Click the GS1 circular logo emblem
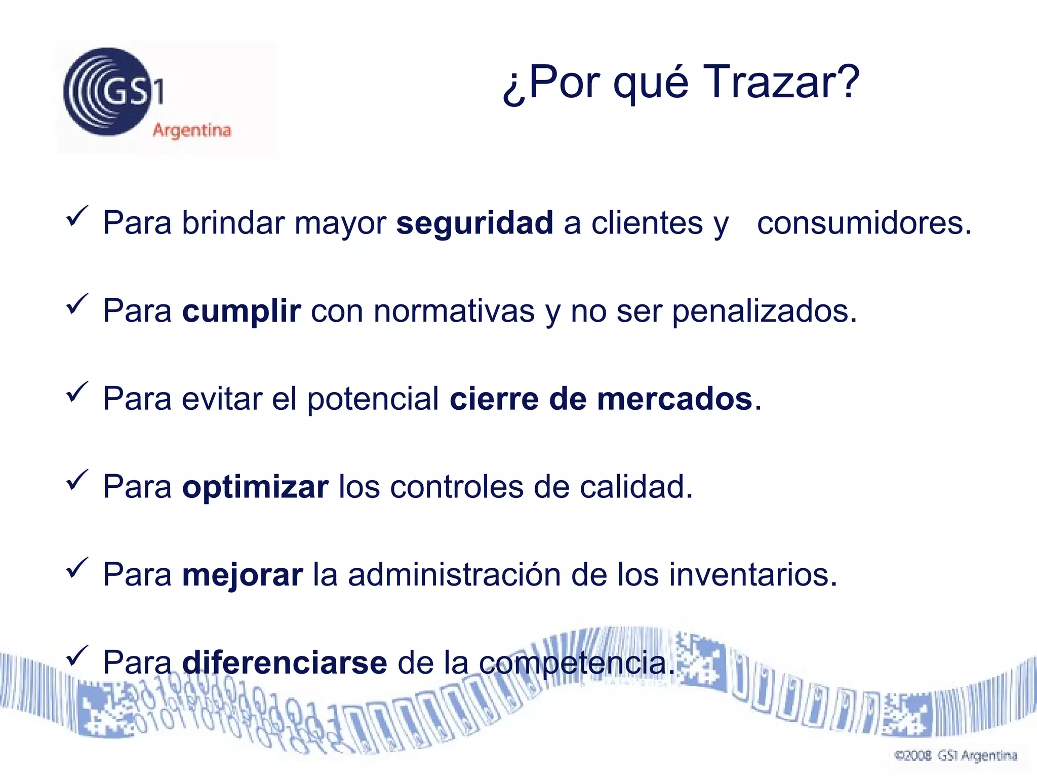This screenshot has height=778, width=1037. click(108, 92)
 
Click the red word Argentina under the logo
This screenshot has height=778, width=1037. click(192, 130)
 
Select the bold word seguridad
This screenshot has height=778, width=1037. click(474, 223)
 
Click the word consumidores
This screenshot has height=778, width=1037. click(864, 223)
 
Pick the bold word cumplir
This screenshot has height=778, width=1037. click(242, 311)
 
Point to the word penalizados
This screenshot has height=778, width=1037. click(764, 311)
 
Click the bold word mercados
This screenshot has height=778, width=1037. click(674, 399)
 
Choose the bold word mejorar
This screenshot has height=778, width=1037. click(242, 575)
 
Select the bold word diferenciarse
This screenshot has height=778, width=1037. click(285, 663)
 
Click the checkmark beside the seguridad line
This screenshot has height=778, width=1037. click(77, 217)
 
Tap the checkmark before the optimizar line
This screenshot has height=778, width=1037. click(77, 480)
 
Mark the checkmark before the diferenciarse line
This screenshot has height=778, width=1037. click(77, 656)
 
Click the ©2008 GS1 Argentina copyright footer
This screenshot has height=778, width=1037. click(955, 756)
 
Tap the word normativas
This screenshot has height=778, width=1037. click(454, 311)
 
